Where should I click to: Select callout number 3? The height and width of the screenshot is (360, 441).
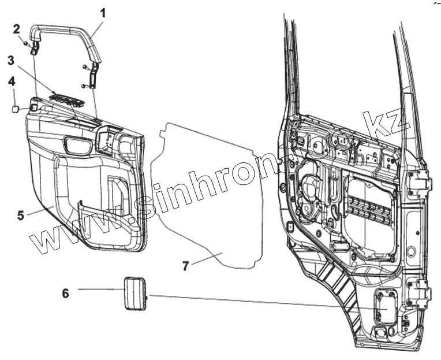11,60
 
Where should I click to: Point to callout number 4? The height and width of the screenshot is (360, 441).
11,81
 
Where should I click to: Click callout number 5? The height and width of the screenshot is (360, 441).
20,216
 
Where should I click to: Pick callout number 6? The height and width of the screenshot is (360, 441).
65,294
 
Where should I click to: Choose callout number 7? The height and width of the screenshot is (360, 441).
185,266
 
